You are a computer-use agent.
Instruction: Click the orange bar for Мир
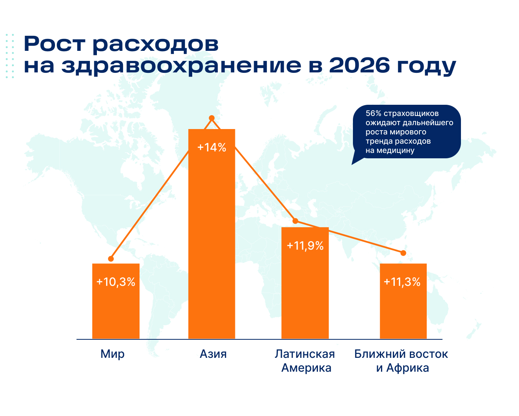(x=116, y=301)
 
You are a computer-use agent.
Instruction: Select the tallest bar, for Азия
(x=211, y=234)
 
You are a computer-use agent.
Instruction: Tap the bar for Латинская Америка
(x=305, y=283)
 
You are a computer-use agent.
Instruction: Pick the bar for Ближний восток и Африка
(x=403, y=301)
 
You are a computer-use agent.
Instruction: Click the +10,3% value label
(x=116, y=282)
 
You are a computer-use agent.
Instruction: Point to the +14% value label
(x=211, y=148)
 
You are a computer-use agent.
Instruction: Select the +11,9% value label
(x=305, y=246)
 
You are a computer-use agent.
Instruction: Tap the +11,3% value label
(x=402, y=282)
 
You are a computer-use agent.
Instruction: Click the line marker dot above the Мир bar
(x=111, y=259)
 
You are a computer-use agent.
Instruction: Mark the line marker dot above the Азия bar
(x=211, y=118)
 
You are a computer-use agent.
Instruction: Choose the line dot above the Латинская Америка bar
(x=295, y=221)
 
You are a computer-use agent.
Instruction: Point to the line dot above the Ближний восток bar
(x=403, y=253)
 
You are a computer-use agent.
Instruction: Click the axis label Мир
(x=112, y=354)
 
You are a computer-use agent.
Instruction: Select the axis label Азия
(x=213, y=354)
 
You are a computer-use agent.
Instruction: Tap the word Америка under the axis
(x=306, y=368)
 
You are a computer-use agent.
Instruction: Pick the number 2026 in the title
(x=359, y=65)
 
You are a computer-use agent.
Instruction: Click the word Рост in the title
(x=55, y=44)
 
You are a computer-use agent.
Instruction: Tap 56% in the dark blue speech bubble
(x=373, y=113)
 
